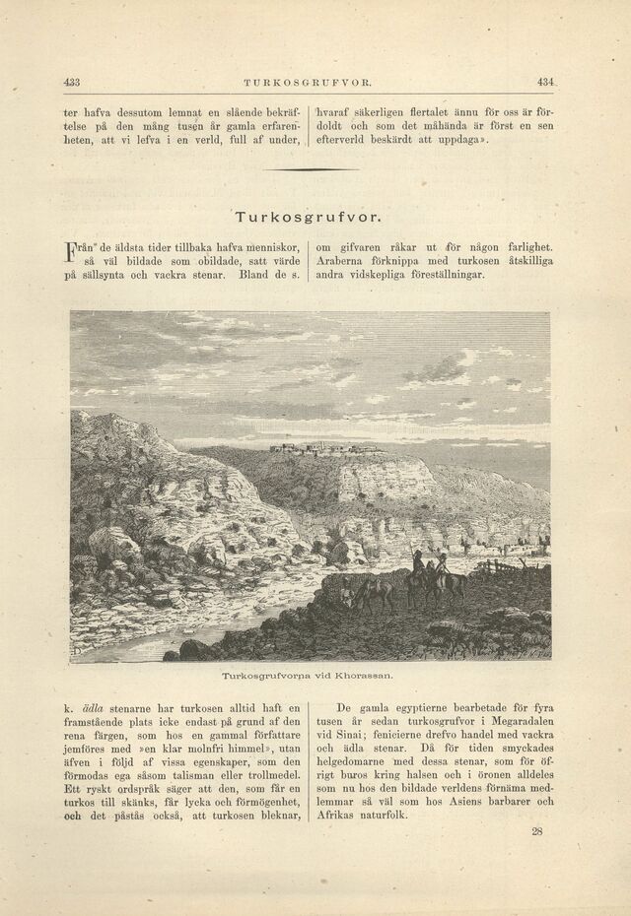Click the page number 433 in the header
tap(70, 83)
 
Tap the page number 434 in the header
tap(547, 83)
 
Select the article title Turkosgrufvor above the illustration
tap(310, 215)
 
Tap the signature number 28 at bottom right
tap(537, 831)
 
